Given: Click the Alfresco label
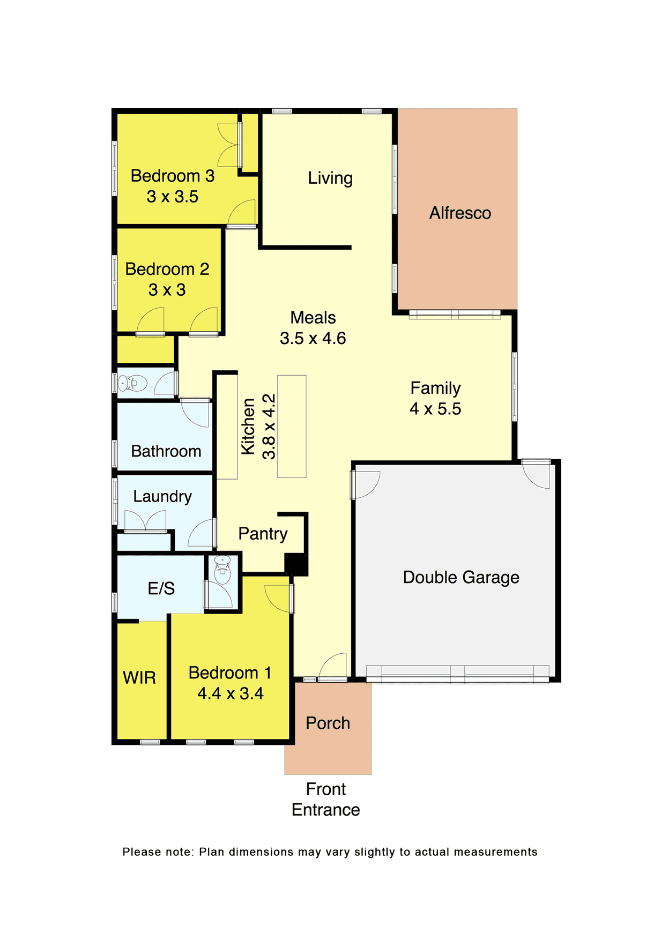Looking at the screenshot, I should (x=460, y=213).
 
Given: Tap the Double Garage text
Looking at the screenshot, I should (x=461, y=577).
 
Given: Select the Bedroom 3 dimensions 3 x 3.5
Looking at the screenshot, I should (x=173, y=197).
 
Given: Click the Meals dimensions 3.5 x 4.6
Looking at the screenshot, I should (x=313, y=338).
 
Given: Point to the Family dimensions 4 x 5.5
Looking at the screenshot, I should (x=435, y=409).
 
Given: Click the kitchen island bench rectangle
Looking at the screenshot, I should (x=292, y=426).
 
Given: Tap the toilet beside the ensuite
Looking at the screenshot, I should (x=222, y=570).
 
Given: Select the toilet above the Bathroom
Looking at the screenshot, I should (x=132, y=383).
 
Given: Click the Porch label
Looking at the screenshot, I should (x=328, y=723).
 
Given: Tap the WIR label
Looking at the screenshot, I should (x=139, y=678).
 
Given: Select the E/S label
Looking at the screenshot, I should (x=161, y=588).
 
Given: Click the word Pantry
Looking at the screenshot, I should (x=263, y=534).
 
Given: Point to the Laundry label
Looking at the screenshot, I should (x=162, y=496).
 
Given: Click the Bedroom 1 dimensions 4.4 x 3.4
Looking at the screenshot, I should (x=231, y=693).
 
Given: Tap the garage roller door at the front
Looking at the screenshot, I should (x=457, y=674).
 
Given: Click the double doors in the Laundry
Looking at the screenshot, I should (x=145, y=521).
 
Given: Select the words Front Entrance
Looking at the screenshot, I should (x=326, y=799).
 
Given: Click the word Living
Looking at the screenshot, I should (x=330, y=178).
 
